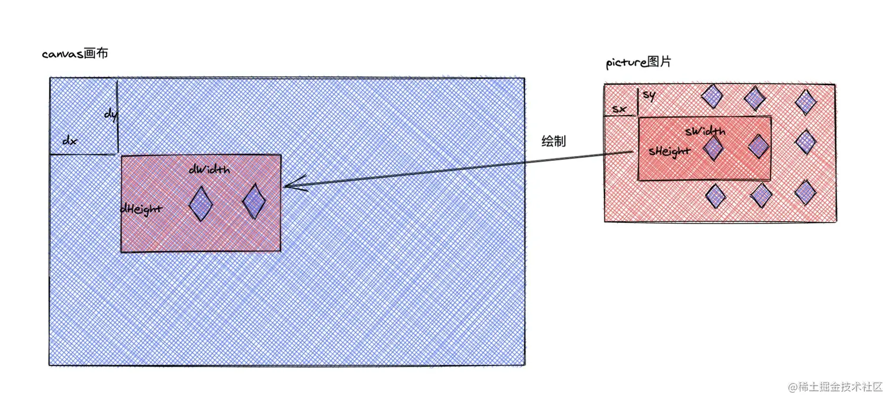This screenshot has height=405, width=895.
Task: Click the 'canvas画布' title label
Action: (x=75, y=53)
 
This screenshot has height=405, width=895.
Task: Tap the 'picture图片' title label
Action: (x=639, y=63)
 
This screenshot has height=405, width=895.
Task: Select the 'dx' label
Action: (x=70, y=141)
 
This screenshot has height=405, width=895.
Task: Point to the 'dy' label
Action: (x=111, y=115)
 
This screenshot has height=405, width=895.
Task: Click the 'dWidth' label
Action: (x=210, y=170)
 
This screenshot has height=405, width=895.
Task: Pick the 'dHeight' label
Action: (x=141, y=209)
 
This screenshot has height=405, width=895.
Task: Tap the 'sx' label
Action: (x=619, y=109)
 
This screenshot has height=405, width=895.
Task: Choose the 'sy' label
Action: (x=649, y=95)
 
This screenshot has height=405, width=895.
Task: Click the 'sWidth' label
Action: (x=705, y=131)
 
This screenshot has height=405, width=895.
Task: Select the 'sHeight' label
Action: (x=669, y=151)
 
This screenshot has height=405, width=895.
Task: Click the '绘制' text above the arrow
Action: (x=554, y=141)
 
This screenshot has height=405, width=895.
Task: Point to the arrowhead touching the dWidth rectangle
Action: (x=285, y=186)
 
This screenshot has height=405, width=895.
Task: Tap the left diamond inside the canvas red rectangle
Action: (x=201, y=203)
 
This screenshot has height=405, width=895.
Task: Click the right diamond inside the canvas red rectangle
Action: (x=254, y=201)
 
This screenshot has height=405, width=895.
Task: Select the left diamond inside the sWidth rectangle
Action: (x=713, y=148)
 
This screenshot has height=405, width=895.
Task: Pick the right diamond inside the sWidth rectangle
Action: (x=758, y=147)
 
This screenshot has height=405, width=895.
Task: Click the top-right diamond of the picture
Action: (x=806, y=102)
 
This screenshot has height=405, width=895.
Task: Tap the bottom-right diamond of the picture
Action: (x=805, y=193)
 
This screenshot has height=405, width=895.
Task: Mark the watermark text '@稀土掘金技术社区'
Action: (x=835, y=387)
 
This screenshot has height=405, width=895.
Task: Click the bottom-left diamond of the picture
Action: (x=715, y=196)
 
